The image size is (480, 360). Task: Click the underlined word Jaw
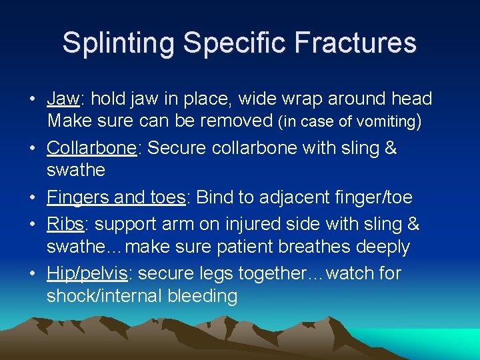coord(63,99)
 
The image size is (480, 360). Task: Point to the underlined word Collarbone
coord(91,148)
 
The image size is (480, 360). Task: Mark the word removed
coord(237,121)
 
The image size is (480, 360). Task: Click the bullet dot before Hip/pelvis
coord(33,274)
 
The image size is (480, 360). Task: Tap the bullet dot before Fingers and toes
coord(33,198)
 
